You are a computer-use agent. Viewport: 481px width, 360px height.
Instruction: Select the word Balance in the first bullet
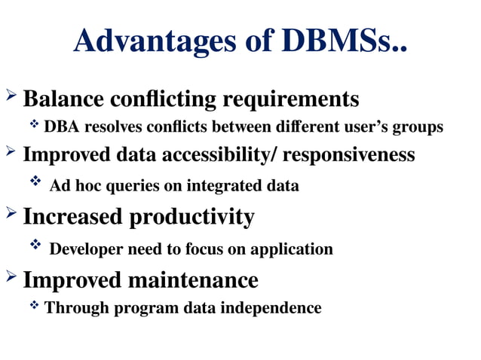64,99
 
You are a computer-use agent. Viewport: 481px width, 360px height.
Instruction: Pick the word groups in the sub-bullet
418,127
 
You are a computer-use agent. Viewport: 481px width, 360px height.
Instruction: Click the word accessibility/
208,154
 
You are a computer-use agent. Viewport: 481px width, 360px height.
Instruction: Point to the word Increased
72,217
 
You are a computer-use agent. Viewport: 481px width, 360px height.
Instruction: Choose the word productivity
191,218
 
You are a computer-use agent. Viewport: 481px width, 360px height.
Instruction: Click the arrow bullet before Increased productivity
11,214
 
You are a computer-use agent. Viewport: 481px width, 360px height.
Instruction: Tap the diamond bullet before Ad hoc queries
35,182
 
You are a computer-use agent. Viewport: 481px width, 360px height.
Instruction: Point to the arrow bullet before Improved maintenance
11,277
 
